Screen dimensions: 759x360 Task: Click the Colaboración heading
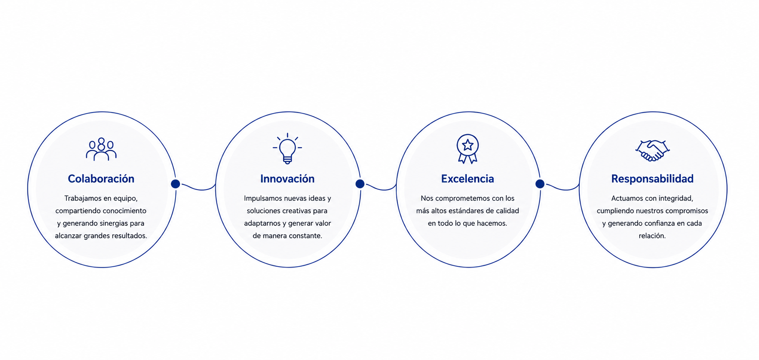pyautogui.click(x=101, y=179)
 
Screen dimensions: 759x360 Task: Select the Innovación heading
pyautogui.click(x=287, y=179)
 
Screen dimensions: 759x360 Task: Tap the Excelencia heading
pyautogui.click(x=467, y=179)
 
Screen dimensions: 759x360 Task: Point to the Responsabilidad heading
pyautogui.click(x=652, y=179)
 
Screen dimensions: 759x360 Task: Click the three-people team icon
pyautogui.click(x=101, y=149)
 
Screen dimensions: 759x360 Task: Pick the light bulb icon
pyautogui.click(x=287, y=148)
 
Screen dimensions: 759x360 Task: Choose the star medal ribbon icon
pyautogui.click(x=468, y=149)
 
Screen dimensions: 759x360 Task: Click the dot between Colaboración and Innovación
pyautogui.click(x=175, y=184)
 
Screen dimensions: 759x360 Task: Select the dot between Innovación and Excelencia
pyautogui.click(x=360, y=184)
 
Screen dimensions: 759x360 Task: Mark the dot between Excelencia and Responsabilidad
pyautogui.click(x=540, y=184)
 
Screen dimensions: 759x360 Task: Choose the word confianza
pyautogui.click(x=657, y=223)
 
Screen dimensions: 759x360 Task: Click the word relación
pyautogui.click(x=652, y=236)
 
